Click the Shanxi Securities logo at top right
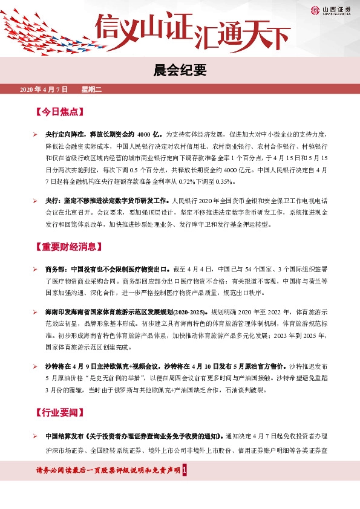(x=330, y=10)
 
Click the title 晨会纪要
(x=180, y=71)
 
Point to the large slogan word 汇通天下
(x=242, y=37)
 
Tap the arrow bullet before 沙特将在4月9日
(x=36, y=366)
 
